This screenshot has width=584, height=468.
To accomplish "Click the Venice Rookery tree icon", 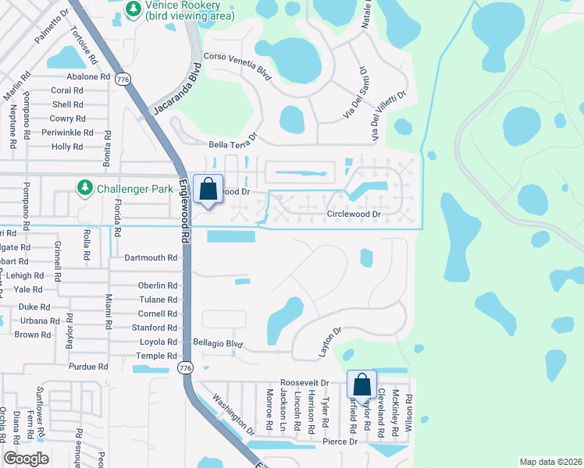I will pos(134,9).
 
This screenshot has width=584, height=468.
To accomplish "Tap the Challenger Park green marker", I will pos(84,188).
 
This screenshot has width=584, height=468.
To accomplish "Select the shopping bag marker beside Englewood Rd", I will pos(208,190).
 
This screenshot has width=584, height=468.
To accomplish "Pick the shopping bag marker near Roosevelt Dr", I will pos(361,385).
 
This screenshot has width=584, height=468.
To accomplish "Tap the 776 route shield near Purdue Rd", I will pos(184,367).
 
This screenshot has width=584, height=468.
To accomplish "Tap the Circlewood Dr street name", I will pos(353,213).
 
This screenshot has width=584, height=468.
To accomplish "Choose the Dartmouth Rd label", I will pos(151,257).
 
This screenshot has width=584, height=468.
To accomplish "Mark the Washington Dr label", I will pos(233,417).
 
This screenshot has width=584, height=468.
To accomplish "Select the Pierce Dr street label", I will pos(340,441).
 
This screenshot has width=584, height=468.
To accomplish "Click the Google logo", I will pos(27,458).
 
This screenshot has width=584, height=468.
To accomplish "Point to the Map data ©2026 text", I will pos(550,462).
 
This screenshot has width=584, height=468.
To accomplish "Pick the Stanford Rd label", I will pos(154,328).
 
